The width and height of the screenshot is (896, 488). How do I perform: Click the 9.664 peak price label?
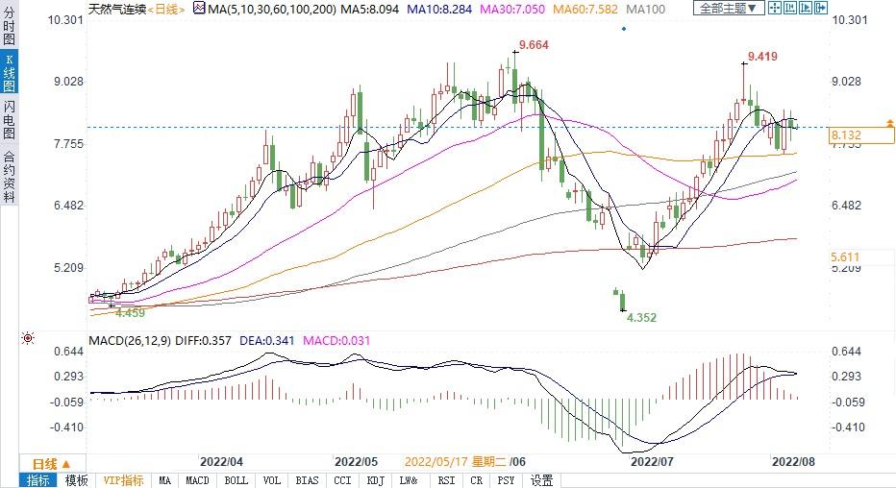pyautogui.click(x=534, y=45)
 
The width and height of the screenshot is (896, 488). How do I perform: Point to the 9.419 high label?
pyautogui.click(x=764, y=57)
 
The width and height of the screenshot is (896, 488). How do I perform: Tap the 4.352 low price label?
pyautogui.click(x=641, y=317)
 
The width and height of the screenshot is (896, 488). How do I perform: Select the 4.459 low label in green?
pyautogui.click(x=130, y=312)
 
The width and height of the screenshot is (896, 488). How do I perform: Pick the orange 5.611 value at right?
pyautogui.click(x=847, y=256)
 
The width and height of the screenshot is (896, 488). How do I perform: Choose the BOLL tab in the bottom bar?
pyautogui.click(x=235, y=480)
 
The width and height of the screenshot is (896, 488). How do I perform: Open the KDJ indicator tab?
pyautogui.click(x=375, y=480)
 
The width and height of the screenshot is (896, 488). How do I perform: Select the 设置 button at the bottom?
pyautogui.click(x=542, y=480)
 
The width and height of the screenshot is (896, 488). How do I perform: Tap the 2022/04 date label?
pyautogui.click(x=221, y=460)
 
